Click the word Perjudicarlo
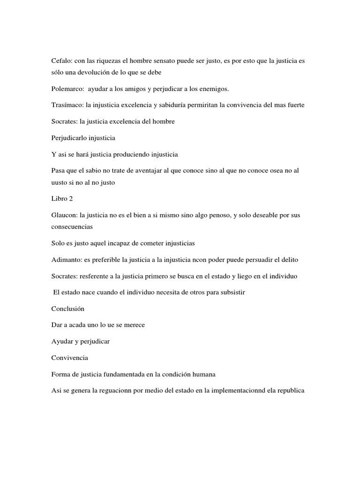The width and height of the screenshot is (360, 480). [69, 138]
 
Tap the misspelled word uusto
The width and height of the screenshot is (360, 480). [60, 183]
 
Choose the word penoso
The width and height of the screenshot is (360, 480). [217, 215]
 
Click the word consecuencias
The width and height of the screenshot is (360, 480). [72, 226]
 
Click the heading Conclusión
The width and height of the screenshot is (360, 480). [67, 309]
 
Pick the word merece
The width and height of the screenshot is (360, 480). [134, 325]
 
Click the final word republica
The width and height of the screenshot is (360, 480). [290, 390]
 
